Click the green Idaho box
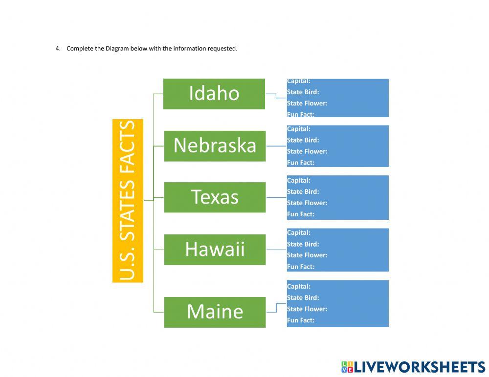coord(214,94)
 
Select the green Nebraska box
coord(215,146)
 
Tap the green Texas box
coord(215,197)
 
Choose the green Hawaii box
coord(215,250)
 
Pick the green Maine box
coord(215,312)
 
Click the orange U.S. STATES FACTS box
coord(128,201)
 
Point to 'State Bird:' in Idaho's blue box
coord(303,92)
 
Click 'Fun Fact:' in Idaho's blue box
coord(301,114)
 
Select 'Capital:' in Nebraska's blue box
coord(299,129)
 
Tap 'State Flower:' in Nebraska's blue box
coord(307,151)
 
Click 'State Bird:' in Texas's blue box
coord(303,191)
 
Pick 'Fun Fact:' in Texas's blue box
coord(301,214)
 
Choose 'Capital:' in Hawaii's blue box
coord(299,232)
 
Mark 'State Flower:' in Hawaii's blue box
coord(307,255)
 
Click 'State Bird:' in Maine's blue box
coord(303,297)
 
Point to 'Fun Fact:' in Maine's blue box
coord(301,320)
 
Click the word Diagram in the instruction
coord(117,48)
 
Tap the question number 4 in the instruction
coord(57,48)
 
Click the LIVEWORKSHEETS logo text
coord(419,367)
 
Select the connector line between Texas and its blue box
coord(276,198)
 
